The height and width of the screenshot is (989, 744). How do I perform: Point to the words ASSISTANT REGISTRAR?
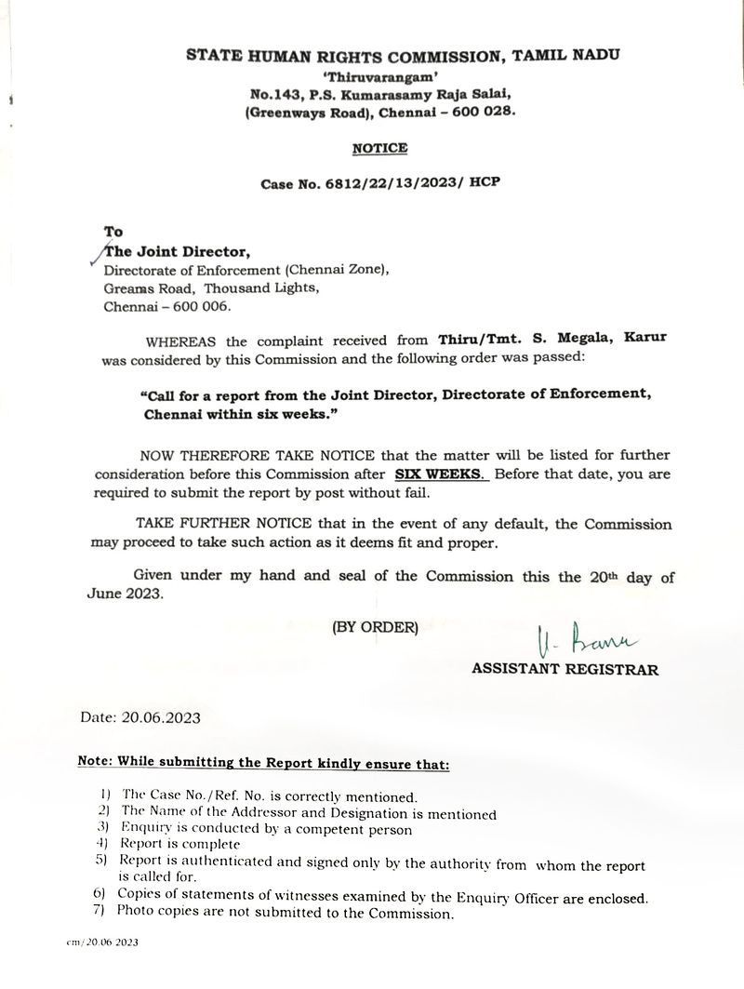click(565, 669)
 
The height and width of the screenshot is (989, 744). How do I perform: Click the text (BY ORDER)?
click(376, 627)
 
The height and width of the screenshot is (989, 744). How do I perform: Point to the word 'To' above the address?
click(113, 233)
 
